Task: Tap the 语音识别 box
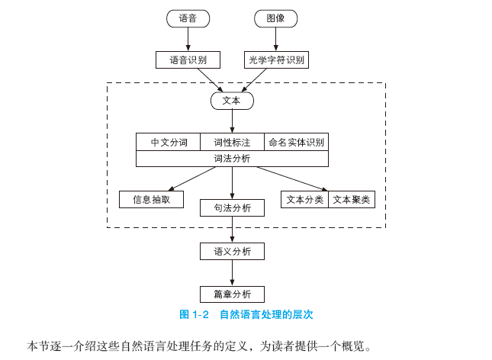click(x=188, y=59)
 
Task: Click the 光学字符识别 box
click(x=276, y=59)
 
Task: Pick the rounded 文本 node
click(x=231, y=100)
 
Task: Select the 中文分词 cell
click(x=169, y=142)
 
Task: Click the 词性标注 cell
click(x=232, y=142)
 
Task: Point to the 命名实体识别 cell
click(x=296, y=142)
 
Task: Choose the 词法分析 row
click(x=232, y=159)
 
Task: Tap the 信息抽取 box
click(x=152, y=199)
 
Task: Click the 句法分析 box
click(x=232, y=207)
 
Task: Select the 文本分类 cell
click(x=304, y=199)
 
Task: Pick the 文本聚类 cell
click(x=351, y=199)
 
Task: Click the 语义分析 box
click(x=232, y=251)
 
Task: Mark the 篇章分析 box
click(x=232, y=294)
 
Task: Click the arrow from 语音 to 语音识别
click(x=188, y=39)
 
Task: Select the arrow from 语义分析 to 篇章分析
click(x=232, y=272)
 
